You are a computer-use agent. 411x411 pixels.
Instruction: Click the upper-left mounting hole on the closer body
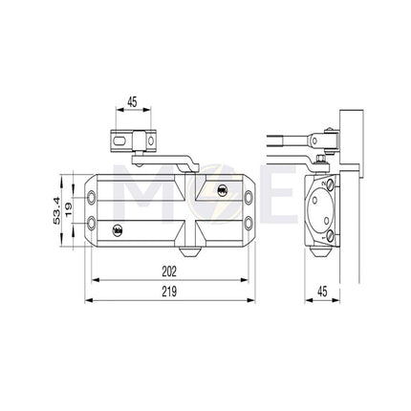[x=92, y=198]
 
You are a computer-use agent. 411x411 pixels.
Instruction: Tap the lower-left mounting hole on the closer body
[x=92, y=226]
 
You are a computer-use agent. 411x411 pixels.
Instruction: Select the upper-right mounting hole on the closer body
[x=250, y=198]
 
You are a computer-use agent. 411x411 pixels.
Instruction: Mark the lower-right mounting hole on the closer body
[x=250, y=226]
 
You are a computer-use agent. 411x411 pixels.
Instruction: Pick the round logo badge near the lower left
[x=118, y=229]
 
